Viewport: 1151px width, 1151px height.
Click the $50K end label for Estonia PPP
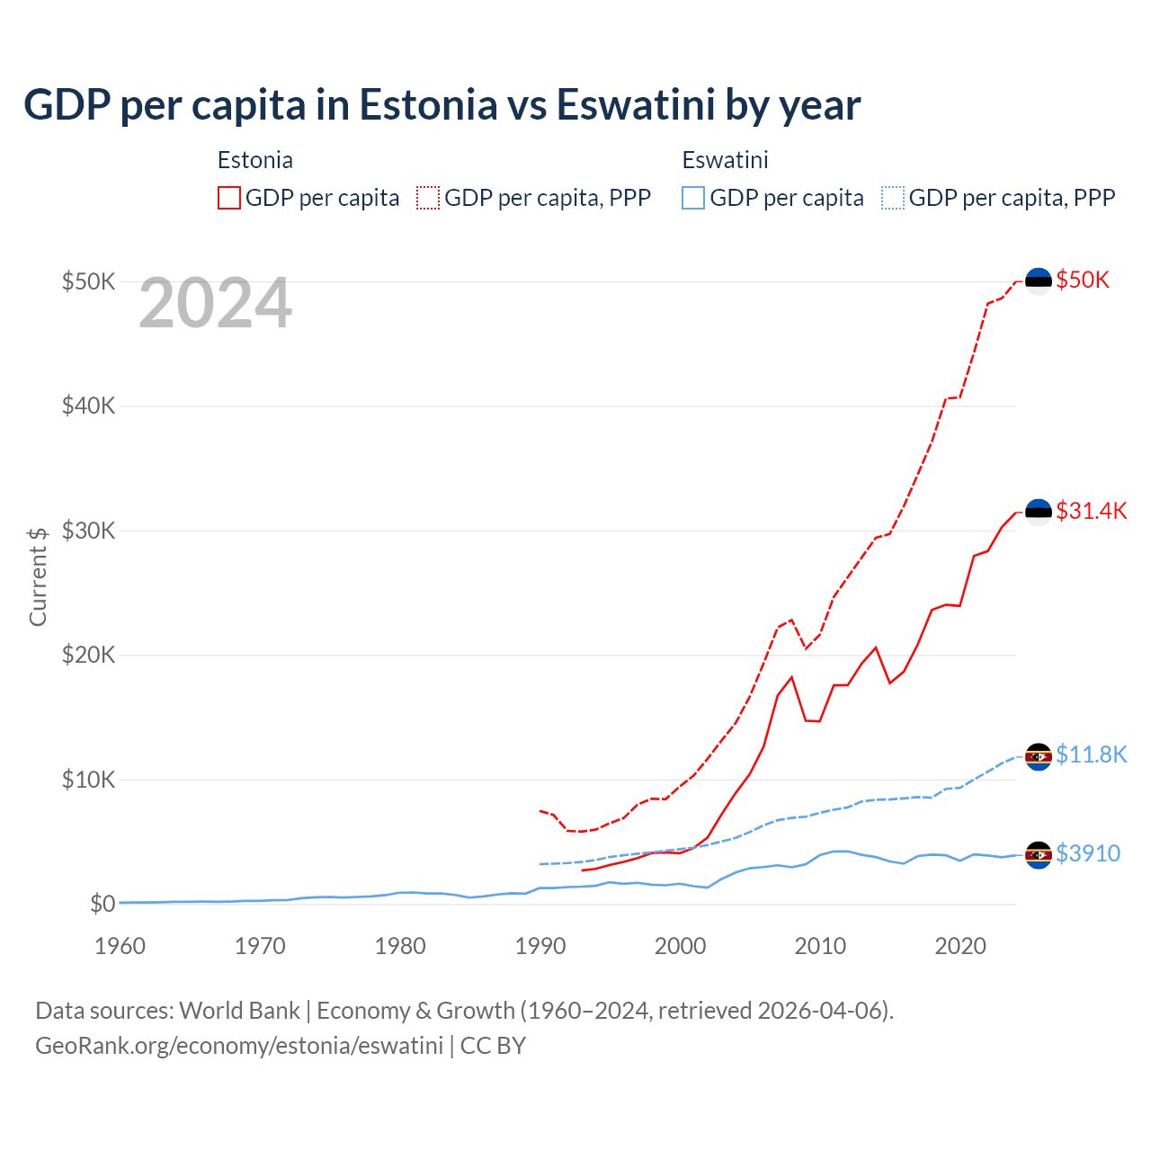tap(1083, 280)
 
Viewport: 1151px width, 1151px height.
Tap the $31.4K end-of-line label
tap(1091, 511)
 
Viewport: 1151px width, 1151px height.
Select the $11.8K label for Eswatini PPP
tap(1091, 754)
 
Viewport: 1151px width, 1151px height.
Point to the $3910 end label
tap(1087, 853)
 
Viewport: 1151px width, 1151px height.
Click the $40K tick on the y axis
tap(88, 406)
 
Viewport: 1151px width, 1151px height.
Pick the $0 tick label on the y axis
tap(103, 904)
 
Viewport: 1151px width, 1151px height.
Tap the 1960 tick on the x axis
tap(120, 946)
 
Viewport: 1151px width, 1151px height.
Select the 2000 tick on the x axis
tap(680, 946)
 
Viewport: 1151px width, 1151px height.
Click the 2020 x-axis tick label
tap(960, 946)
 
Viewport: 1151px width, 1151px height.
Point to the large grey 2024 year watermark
tap(215, 304)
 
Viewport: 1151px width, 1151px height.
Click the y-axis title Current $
tap(38, 576)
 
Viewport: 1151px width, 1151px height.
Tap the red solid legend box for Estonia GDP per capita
tap(229, 198)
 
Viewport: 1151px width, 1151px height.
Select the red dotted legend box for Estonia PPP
tap(428, 198)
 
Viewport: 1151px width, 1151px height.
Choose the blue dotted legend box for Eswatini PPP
tap(893, 198)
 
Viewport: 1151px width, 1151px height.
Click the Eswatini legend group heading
tap(725, 160)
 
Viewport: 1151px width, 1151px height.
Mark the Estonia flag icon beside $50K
tap(1039, 281)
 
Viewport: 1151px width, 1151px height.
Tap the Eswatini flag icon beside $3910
tap(1039, 855)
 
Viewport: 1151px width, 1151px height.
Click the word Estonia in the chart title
tap(428, 104)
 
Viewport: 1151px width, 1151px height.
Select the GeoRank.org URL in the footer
tap(239, 1046)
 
